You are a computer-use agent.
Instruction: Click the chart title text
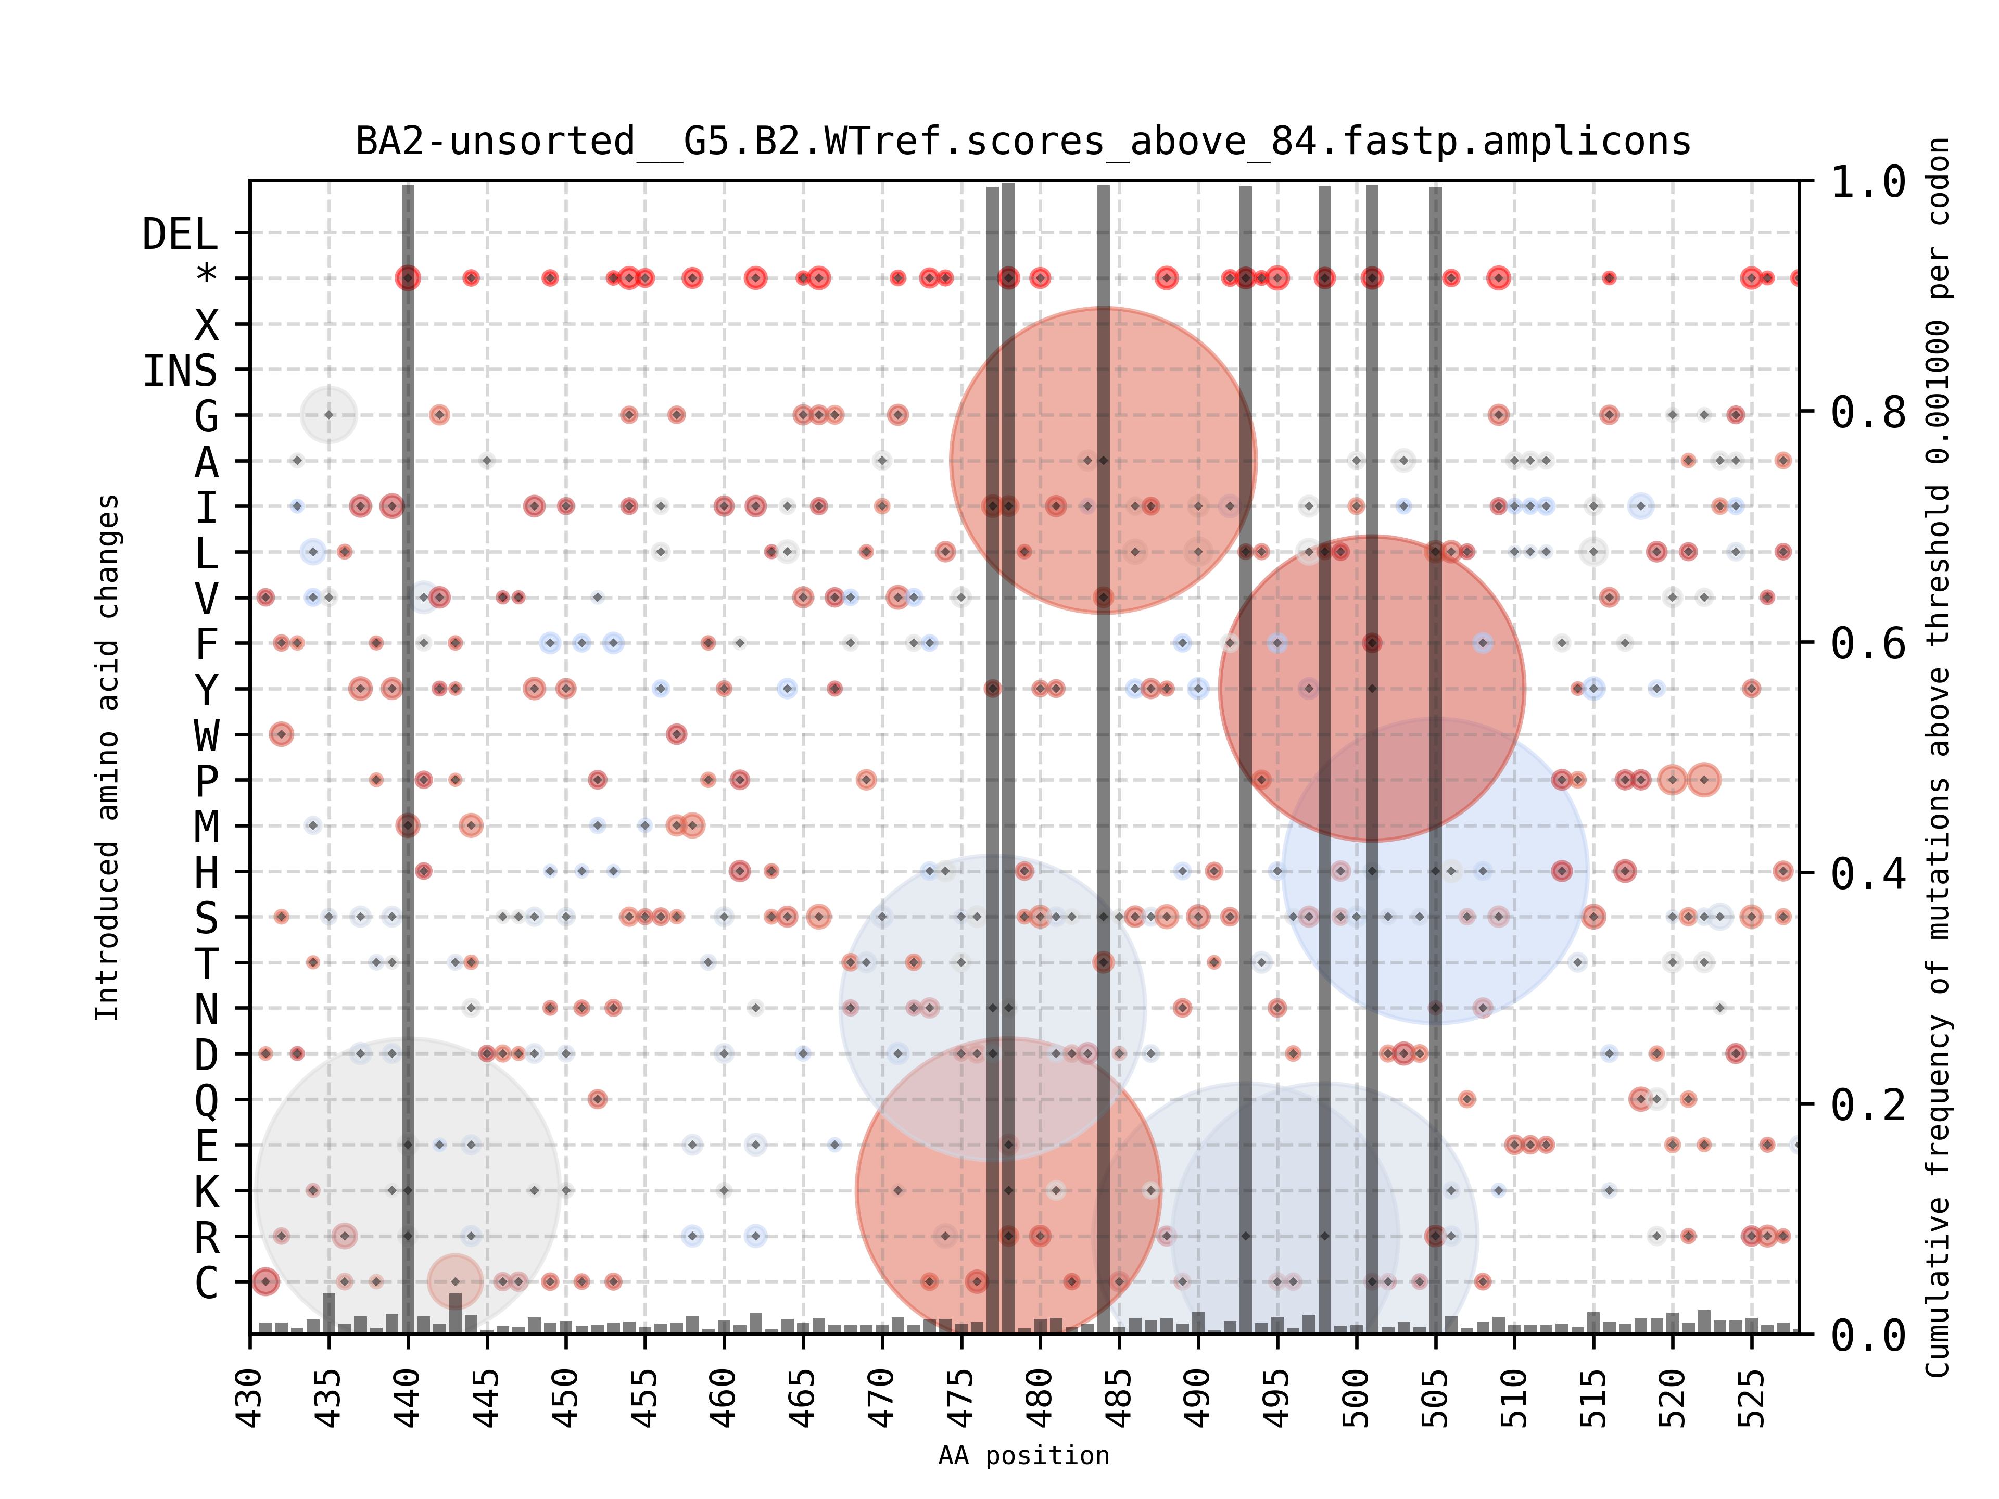(x=1023, y=142)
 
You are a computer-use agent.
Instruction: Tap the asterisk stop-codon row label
(x=207, y=275)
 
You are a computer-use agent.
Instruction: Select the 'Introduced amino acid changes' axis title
(x=107, y=757)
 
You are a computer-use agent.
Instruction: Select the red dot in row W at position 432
(x=281, y=734)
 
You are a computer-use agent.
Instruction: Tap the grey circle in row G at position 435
(x=329, y=415)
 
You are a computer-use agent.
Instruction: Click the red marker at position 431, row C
(x=265, y=1281)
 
